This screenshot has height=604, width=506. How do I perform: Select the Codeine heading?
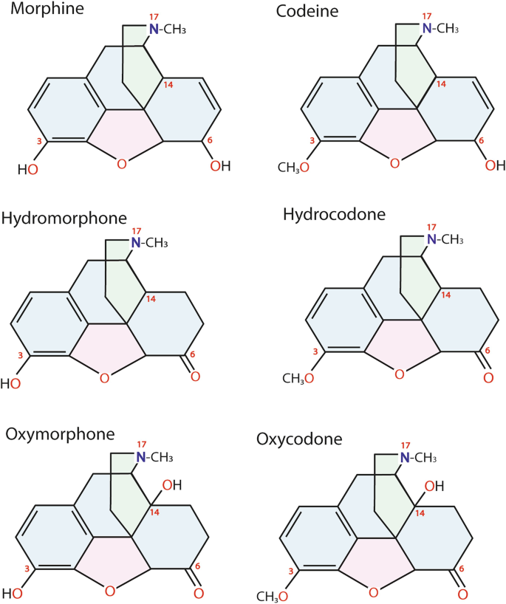[x=304, y=11]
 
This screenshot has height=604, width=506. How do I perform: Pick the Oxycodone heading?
[x=299, y=439]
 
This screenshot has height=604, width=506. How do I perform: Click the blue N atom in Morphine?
[x=154, y=28]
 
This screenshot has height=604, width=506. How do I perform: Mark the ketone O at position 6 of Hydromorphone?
[x=196, y=377]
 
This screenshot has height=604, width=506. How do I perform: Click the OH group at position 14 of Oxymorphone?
[x=171, y=484]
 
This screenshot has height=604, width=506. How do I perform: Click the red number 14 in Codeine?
[x=441, y=84]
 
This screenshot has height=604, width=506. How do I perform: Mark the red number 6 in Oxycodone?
[x=462, y=569]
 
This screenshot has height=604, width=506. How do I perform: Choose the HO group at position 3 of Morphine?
[x=28, y=169]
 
